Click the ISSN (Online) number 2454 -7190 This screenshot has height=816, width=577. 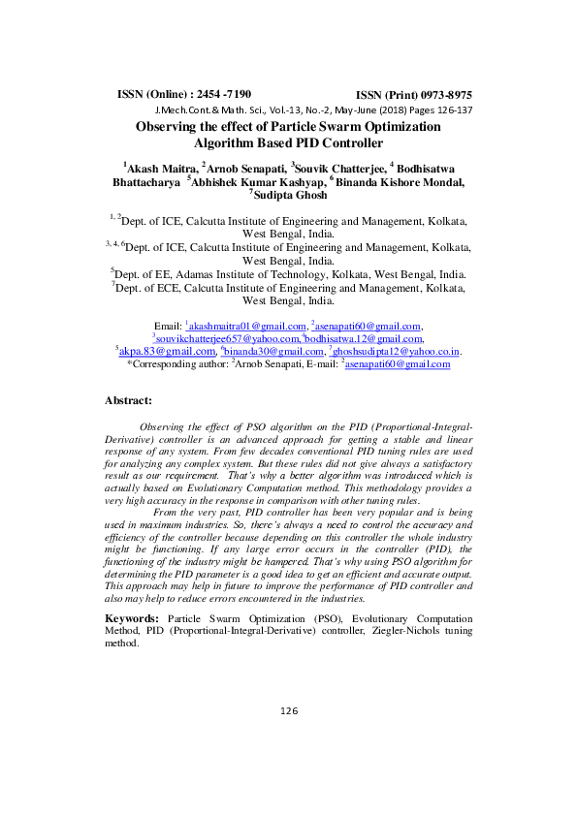coord(224,95)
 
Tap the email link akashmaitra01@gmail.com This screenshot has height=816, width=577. coord(248,327)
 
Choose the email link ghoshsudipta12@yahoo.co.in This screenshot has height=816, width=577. coord(397,352)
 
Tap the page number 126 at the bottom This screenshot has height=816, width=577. coord(288,711)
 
